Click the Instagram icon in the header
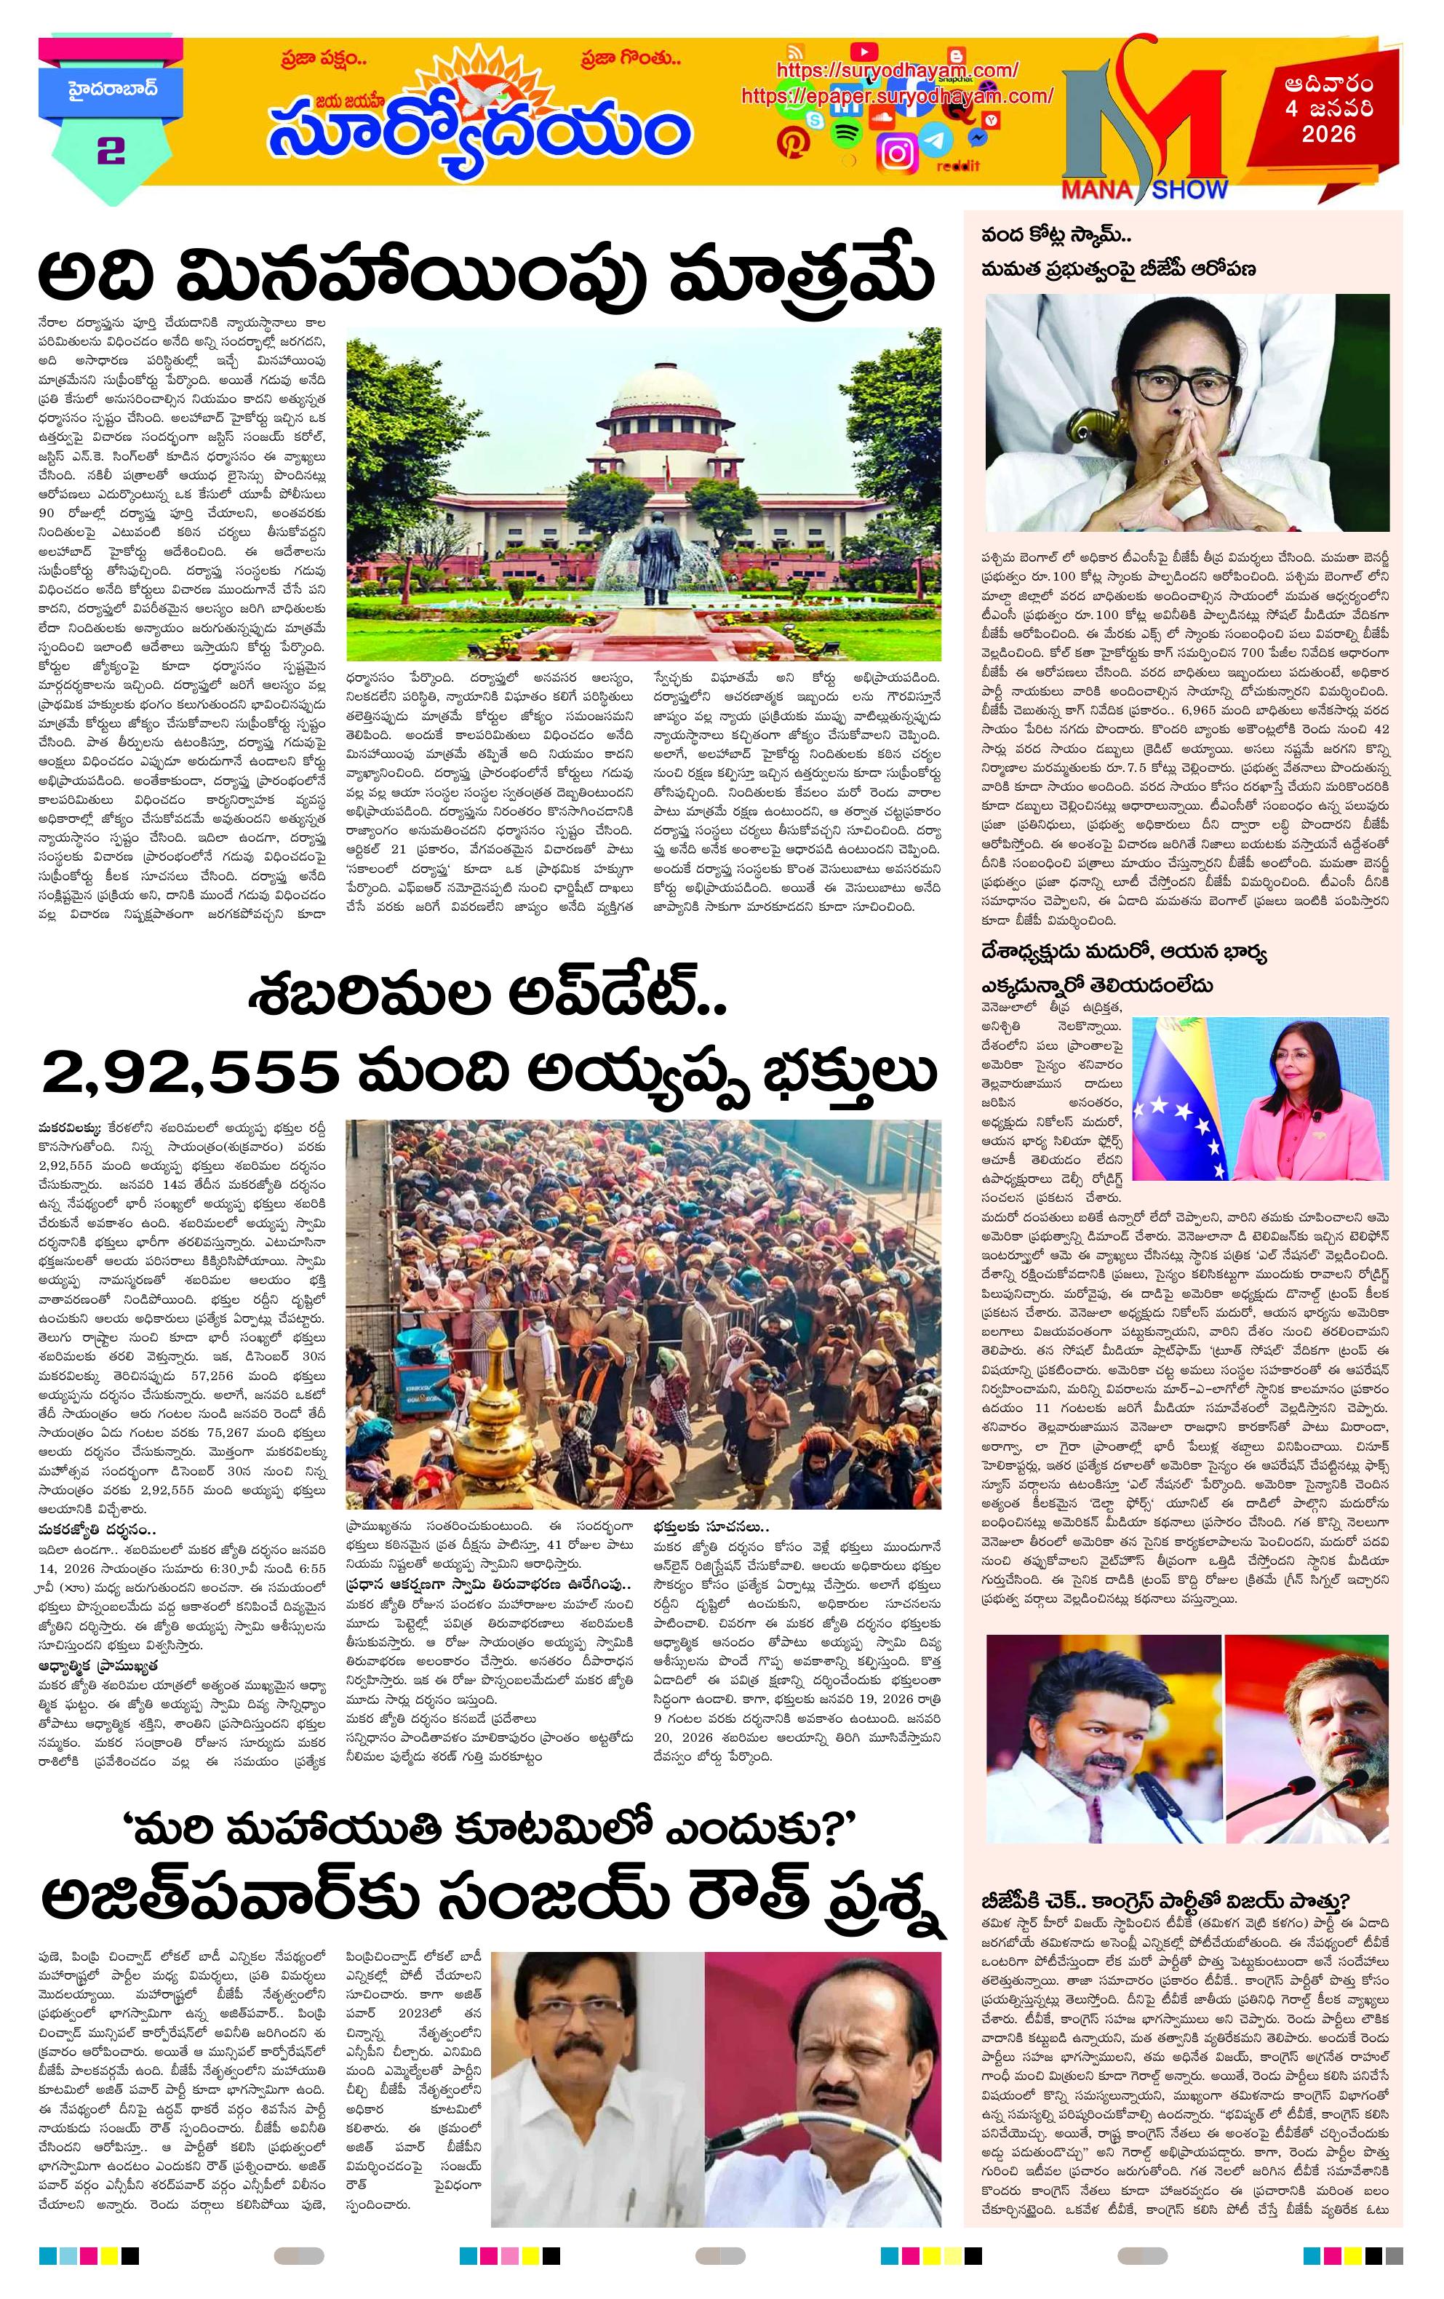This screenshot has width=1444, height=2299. [897, 153]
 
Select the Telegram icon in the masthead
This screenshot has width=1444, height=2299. [939, 141]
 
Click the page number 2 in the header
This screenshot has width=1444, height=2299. [111, 150]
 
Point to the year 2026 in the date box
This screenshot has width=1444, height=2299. [1328, 135]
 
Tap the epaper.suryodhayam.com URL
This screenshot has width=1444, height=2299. [896, 95]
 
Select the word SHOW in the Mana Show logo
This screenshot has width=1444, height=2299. [1188, 190]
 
